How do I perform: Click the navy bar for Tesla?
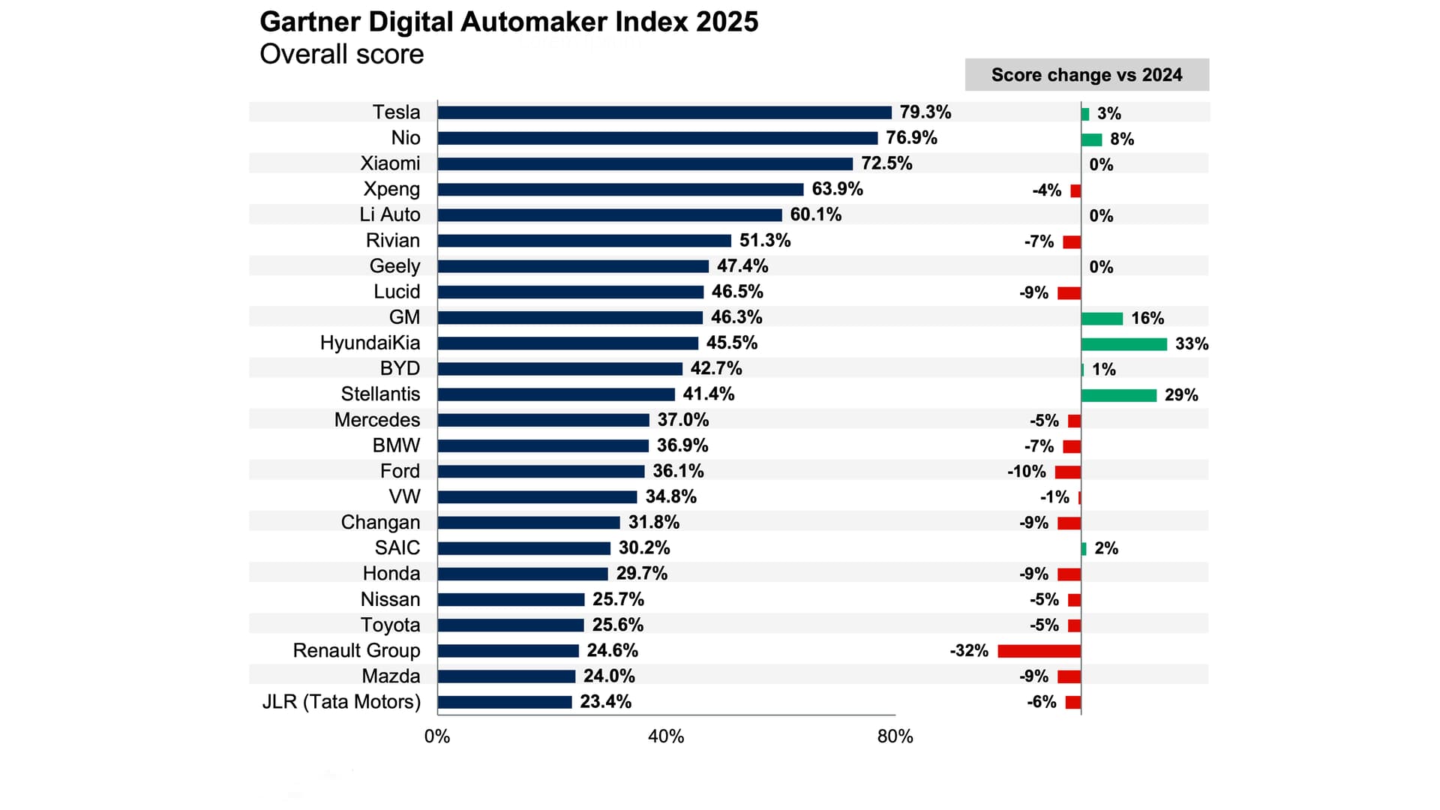664,112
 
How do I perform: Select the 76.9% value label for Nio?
911,138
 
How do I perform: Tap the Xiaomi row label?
390,163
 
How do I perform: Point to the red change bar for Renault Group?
1039,651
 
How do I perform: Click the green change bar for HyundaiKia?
1123,344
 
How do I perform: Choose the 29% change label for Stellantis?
1181,395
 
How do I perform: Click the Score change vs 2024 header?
1086,75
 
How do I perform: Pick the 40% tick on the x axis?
666,736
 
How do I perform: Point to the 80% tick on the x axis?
895,736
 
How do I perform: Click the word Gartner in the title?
310,22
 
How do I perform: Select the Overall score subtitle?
341,55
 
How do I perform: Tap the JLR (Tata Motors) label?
341,702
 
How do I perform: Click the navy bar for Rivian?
584,241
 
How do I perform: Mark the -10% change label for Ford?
1026,472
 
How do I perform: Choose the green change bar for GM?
1102,319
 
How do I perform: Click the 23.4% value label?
605,702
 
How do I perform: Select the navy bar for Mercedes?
543,420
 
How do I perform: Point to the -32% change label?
969,651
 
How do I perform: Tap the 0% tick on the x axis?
437,736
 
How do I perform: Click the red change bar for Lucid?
1069,293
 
